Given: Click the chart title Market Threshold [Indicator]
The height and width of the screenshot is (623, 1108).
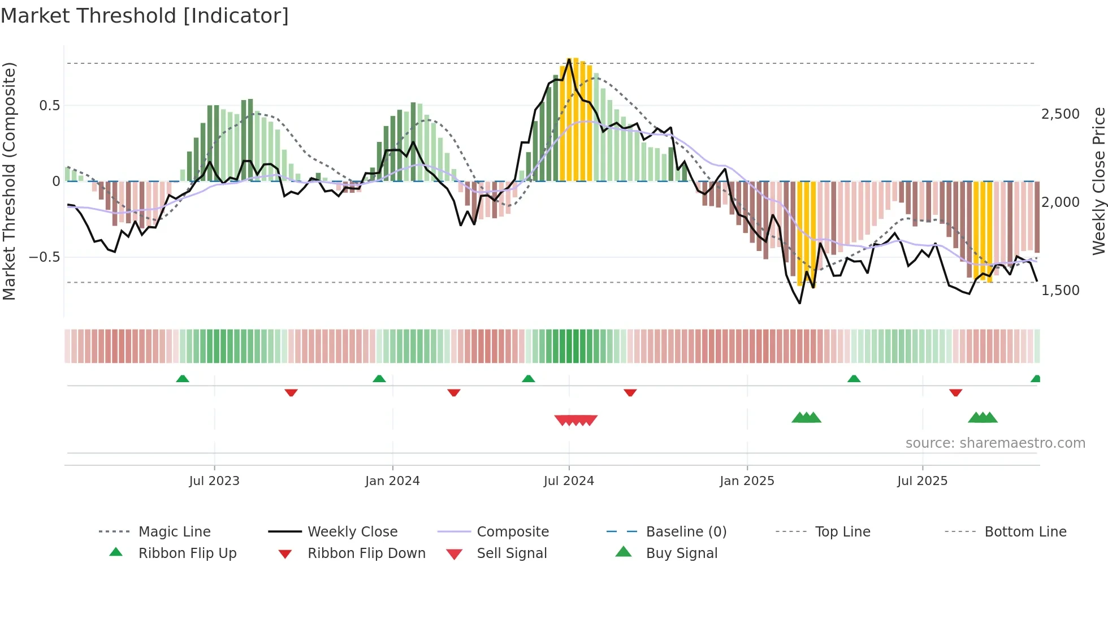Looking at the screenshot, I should [x=145, y=16].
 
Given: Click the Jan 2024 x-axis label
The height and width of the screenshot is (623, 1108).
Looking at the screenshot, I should [x=392, y=481].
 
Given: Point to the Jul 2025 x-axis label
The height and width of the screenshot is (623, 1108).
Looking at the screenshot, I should [x=922, y=481].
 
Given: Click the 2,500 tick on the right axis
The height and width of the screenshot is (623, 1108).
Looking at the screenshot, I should [x=1060, y=114].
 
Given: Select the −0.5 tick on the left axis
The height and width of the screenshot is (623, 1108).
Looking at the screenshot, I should [x=44, y=257].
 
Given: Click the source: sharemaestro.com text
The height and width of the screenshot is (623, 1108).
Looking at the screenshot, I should [x=995, y=443].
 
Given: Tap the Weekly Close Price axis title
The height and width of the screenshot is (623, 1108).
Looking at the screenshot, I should [x=1098, y=181].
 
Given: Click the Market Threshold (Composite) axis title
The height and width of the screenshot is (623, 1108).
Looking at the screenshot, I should [x=9, y=181].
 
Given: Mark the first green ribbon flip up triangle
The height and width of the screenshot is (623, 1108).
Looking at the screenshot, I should [x=183, y=379].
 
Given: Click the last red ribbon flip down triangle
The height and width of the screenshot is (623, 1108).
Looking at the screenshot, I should [x=955, y=392].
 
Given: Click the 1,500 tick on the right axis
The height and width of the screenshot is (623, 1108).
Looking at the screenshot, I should [x=1060, y=291].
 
